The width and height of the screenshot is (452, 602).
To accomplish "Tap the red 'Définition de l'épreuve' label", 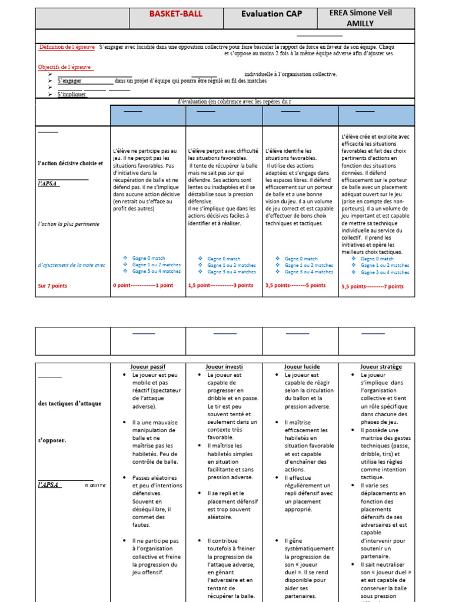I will coord(67,46).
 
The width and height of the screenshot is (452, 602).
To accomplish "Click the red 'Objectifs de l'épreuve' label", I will coord(64,67).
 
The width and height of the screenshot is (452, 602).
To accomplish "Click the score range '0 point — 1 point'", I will coord(143,286).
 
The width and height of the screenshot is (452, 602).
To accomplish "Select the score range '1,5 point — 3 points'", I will coord(221,286).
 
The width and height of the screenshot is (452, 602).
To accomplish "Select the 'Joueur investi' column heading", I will coord(224,366).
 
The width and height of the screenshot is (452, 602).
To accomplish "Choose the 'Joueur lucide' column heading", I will coord(300,366).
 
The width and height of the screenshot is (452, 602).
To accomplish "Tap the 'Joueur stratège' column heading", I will coord(381,366).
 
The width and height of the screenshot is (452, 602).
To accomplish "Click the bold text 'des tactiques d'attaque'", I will coord(69,403).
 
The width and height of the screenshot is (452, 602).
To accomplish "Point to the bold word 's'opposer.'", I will coord(52,440).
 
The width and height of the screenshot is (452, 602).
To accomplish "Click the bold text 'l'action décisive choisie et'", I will coord(70,163).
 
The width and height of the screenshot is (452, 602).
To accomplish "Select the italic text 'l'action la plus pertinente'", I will coord(68,224).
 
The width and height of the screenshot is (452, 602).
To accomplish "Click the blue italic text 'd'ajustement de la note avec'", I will coord(71,265).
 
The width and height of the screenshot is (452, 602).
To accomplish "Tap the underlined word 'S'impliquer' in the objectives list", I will coord(72,94).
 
